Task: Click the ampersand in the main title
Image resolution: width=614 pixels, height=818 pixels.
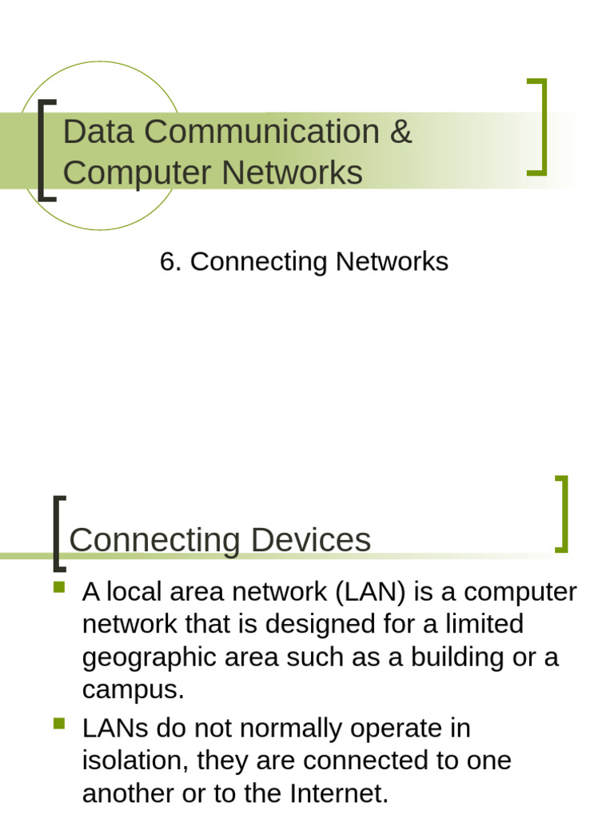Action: click(401, 133)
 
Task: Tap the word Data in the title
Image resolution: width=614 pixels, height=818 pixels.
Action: click(90, 133)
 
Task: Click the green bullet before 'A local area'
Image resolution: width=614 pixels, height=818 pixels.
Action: click(59, 588)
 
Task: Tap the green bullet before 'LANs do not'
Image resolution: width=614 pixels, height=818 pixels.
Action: click(59, 725)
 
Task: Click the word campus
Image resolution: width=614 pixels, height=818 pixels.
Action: click(132, 689)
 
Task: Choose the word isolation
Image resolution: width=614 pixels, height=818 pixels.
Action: click(131, 760)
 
